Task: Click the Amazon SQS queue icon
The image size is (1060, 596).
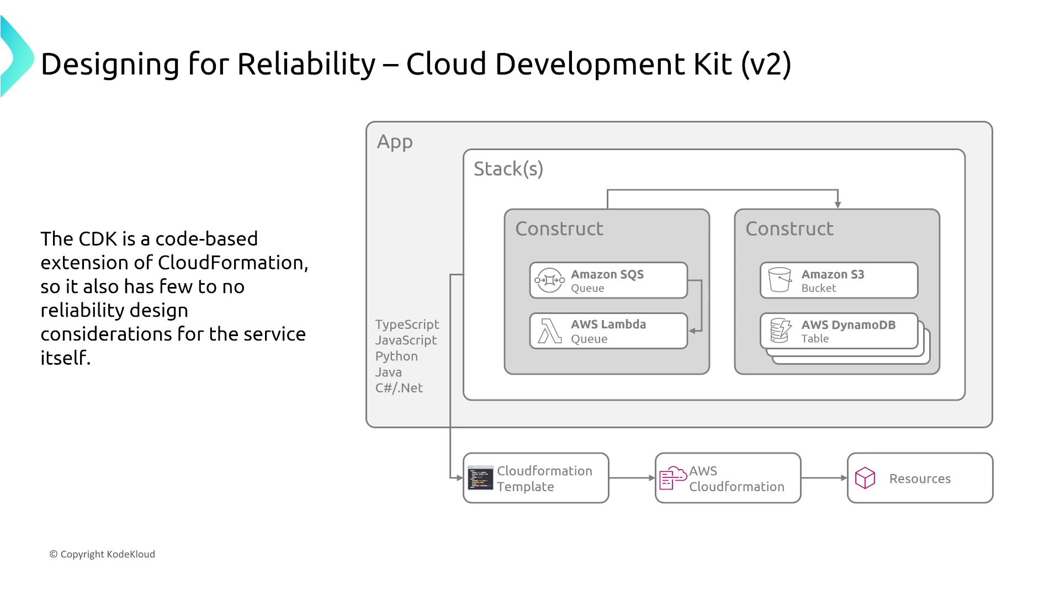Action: [549, 280]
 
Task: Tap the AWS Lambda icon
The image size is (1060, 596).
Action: [550, 331]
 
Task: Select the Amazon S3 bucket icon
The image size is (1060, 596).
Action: [780, 280]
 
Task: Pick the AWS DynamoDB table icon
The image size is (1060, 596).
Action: [781, 331]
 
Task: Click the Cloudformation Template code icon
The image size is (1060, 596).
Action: [480, 478]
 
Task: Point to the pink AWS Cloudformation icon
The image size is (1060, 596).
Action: [672, 478]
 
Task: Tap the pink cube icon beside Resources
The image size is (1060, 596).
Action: [865, 478]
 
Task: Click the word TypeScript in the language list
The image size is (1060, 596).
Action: [407, 324]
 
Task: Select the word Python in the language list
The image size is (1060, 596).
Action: [396, 356]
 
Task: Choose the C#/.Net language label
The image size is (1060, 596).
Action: [399, 388]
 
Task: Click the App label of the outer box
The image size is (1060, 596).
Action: [395, 142]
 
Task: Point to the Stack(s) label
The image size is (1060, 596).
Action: [508, 169]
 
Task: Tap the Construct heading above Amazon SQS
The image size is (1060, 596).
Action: [559, 228]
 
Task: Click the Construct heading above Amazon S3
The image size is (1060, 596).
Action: [789, 228]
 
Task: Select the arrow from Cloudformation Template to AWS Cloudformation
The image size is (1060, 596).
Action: [632, 478]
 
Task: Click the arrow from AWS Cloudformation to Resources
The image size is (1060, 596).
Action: [824, 478]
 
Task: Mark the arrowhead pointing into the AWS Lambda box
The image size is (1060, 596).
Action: [692, 331]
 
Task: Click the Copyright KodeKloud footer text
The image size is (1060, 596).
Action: [102, 554]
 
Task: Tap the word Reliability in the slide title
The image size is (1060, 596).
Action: [306, 64]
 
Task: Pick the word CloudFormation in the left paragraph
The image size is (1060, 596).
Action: [232, 263]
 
